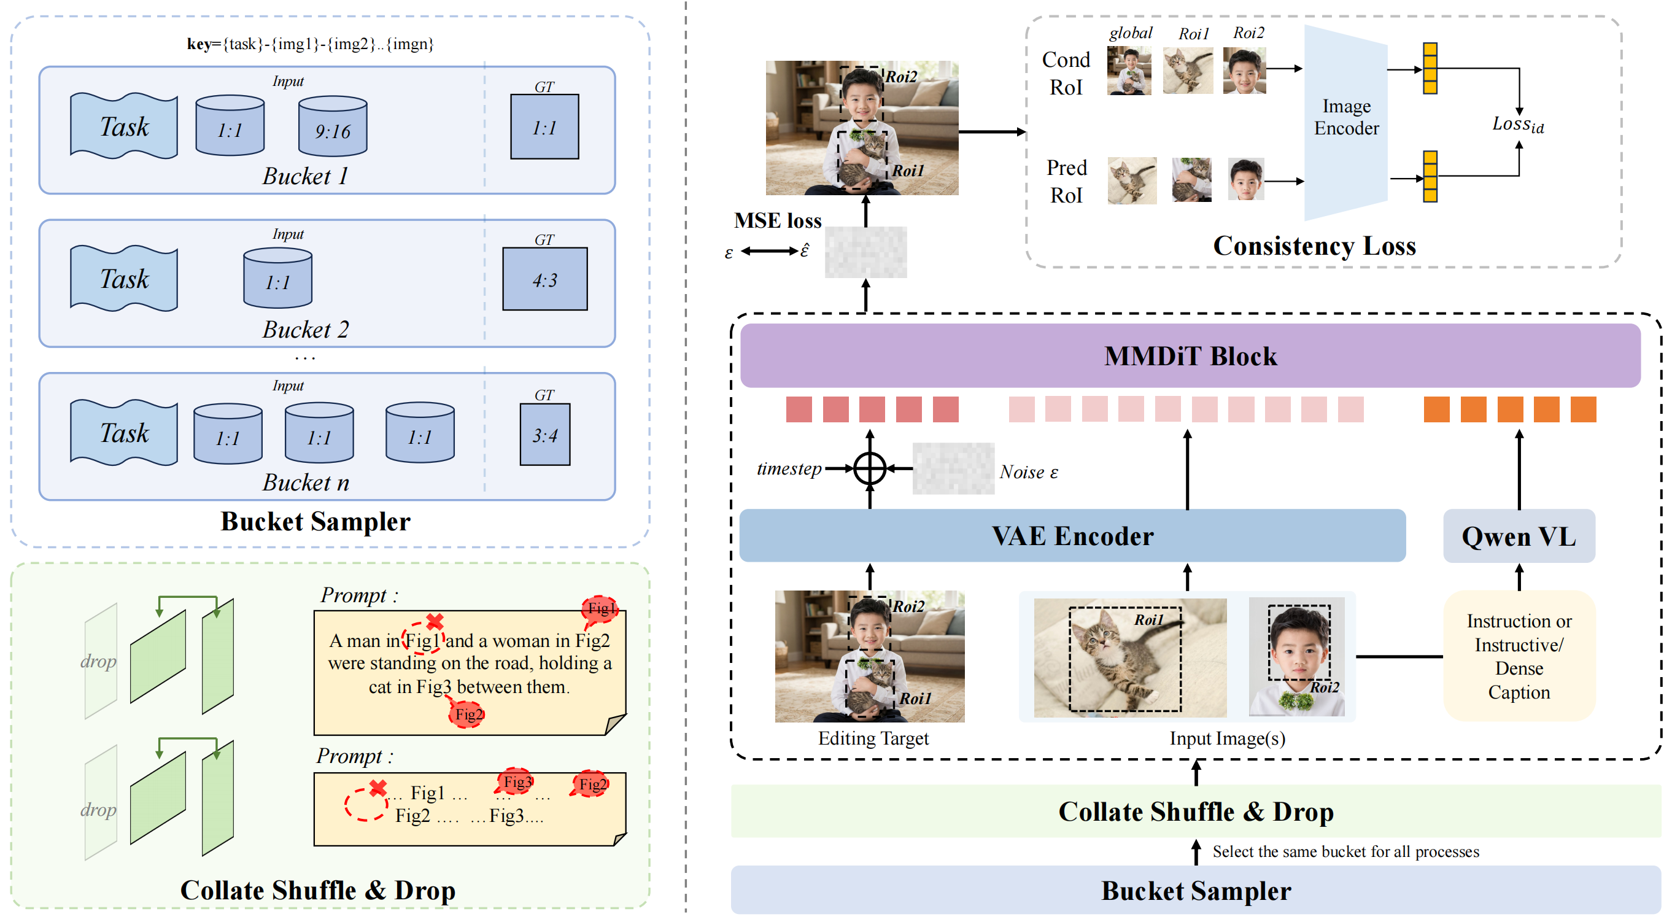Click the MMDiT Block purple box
[x=1190, y=356]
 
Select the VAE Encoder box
[x=1072, y=536]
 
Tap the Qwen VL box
[x=1518, y=537]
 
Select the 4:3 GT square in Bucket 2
[x=544, y=279]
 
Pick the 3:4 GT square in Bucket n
[x=544, y=435]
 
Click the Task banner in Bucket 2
[x=123, y=279]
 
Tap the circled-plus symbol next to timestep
[x=869, y=468]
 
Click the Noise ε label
[x=1028, y=472]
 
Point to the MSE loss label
[x=777, y=221]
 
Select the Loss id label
[x=1517, y=124]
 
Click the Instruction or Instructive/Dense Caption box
[x=1518, y=656]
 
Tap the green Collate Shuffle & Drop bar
[x=1195, y=812]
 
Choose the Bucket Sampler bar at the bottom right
[x=1195, y=890]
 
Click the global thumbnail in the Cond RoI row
[x=1129, y=70]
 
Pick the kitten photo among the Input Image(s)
[x=1129, y=657]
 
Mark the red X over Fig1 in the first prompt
[x=434, y=621]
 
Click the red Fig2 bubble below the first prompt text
[x=467, y=715]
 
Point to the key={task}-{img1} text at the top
[x=309, y=44]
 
